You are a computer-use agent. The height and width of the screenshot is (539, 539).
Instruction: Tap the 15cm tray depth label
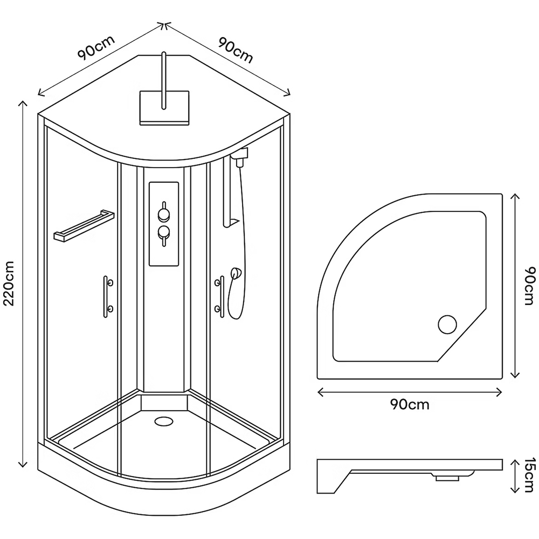point(530,476)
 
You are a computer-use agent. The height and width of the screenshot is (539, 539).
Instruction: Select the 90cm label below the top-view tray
point(410,404)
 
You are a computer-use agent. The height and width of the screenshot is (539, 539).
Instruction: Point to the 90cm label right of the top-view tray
point(530,286)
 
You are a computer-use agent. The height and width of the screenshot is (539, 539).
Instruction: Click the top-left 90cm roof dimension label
point(96,48)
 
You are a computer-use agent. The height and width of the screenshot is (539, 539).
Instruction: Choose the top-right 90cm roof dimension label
point(236,50)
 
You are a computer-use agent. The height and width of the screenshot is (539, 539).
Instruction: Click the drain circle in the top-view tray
point(447,324)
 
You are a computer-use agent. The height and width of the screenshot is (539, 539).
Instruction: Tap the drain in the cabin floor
point(164,421)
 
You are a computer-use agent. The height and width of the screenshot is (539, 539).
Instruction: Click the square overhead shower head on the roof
point(164,108)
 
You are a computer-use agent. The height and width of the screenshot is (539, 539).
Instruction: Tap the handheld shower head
point(236,274)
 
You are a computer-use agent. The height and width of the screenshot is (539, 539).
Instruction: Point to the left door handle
point(106,296)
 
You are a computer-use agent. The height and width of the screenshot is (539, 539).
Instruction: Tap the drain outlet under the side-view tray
point(447,478)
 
